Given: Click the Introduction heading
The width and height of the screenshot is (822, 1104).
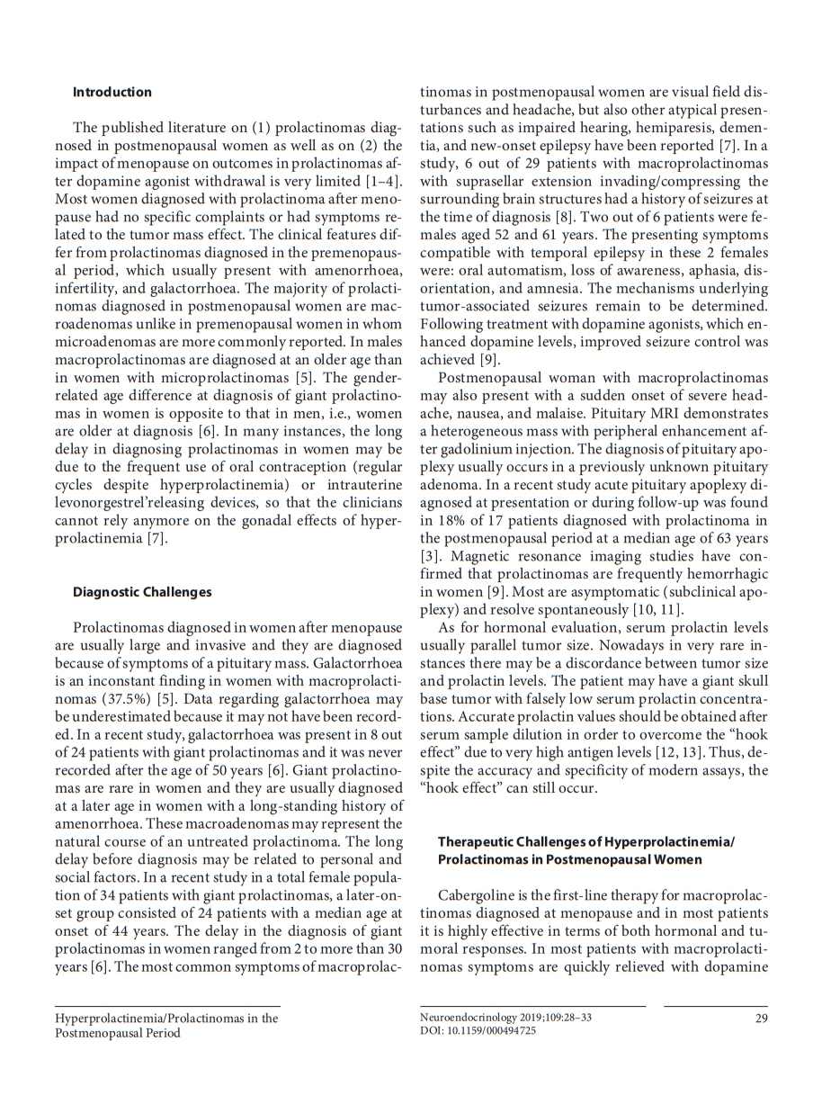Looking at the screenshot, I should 112,93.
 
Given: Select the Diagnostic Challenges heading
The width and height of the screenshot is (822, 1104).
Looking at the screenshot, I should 142,592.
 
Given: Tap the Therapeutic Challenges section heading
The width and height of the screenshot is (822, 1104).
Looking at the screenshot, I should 585,850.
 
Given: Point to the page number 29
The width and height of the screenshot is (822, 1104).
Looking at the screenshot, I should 759,1018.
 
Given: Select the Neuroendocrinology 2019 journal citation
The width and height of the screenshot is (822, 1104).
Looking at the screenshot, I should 505,1018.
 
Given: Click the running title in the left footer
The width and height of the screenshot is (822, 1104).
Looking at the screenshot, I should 166,1025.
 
